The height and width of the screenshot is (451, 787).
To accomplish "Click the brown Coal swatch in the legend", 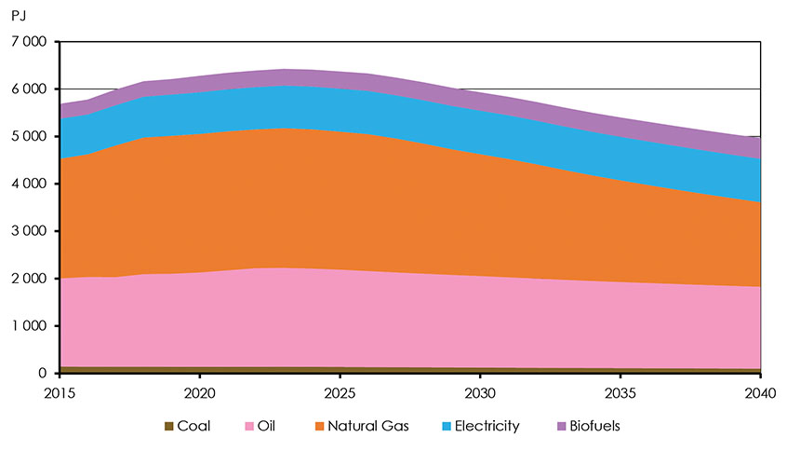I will point(168,427).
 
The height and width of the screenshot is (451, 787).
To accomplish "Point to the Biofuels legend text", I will point(592,427).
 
